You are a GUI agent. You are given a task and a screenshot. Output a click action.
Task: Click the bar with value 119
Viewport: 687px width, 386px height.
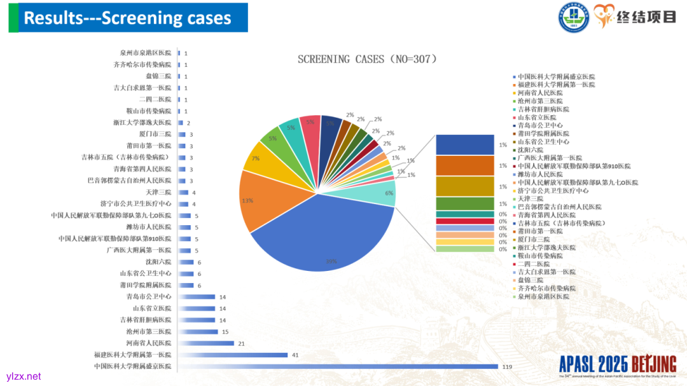tap(337, 366)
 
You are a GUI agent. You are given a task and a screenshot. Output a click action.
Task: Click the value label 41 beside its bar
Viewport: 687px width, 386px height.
tap(295, 355)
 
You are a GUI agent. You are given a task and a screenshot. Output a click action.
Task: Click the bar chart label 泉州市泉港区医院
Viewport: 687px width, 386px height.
tap(146, 53)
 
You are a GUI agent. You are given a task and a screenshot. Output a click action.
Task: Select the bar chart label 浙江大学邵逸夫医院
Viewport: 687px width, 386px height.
tap(142, 122)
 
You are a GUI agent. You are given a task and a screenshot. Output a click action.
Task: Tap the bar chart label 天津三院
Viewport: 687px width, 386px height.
tap(158, 192)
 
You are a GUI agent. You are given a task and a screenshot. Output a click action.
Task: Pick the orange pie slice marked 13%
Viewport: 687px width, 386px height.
tap(261, 200)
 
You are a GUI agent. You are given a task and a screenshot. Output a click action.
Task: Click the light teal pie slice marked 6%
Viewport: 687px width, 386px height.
tap(379, 193)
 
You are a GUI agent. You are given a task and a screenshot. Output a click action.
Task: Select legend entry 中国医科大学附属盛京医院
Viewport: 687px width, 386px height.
tap(556, 76)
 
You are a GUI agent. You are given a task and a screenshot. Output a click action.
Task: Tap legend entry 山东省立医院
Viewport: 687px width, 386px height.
tap(537, 117)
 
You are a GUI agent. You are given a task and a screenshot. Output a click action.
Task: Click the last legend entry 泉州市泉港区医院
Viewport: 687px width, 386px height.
tap(543, 296)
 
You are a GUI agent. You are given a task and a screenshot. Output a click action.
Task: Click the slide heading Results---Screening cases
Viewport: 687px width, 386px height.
tap(127, 18)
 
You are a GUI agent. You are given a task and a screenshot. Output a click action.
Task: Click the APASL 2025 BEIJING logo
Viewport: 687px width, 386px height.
tap(617, 364)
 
